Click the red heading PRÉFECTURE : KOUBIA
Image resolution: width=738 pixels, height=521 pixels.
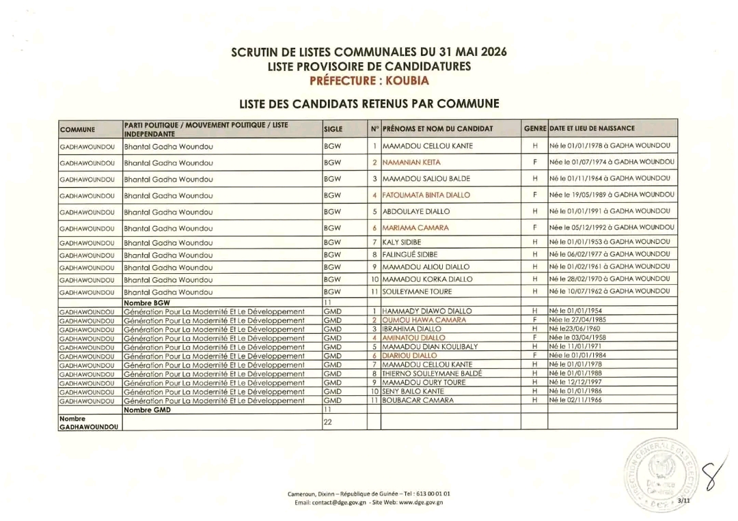369,81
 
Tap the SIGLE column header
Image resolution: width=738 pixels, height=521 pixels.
333,128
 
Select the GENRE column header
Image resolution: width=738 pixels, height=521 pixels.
534,128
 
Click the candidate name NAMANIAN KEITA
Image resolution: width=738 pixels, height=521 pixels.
411,163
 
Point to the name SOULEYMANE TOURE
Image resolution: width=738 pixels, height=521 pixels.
418,292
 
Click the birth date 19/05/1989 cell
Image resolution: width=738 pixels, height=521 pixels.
612,195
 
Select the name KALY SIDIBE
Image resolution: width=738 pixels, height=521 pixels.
402,242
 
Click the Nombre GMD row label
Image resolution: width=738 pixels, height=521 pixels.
147,410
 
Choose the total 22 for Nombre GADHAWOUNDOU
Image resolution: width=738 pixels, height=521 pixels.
327,423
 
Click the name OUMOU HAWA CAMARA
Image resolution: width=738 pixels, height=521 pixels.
424,320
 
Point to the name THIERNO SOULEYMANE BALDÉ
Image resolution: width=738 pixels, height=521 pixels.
433,374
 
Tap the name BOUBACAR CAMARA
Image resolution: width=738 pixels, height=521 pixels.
418,400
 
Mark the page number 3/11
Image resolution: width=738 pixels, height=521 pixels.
684,501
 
